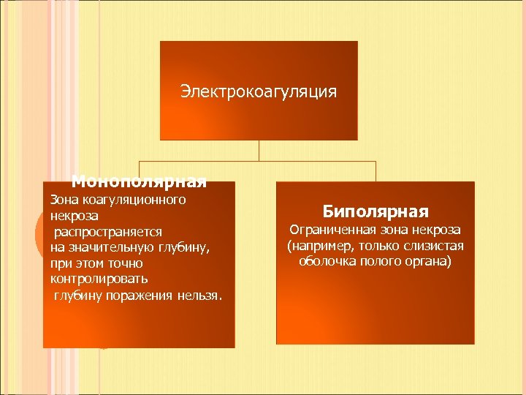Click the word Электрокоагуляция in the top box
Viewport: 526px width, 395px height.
259,91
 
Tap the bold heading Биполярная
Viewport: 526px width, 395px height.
376,212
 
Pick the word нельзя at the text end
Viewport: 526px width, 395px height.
200,295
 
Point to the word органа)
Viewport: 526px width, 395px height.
427,261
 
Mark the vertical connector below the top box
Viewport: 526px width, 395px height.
259,150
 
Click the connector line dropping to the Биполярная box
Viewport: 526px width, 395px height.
376,171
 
